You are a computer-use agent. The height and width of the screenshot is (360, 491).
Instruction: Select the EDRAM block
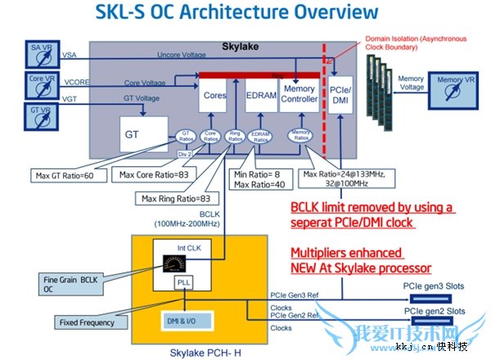[261, 96]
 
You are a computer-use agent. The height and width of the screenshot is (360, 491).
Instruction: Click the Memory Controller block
[299, 94]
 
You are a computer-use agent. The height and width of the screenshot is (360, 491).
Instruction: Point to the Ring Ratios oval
[236, 137]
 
